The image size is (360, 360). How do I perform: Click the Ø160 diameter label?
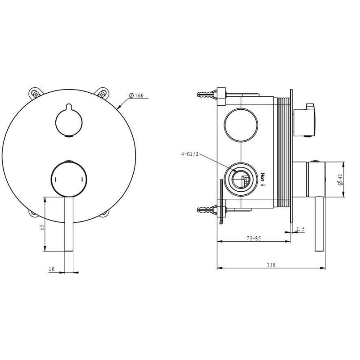tap(136, 95)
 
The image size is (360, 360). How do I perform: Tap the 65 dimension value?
tap(42, 227)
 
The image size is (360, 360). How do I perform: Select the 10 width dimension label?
tap(52, 269)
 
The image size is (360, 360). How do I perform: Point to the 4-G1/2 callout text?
tap(189, 154)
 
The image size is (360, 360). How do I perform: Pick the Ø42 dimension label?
tap(340, 180)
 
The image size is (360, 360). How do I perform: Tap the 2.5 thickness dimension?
tap(301, 229)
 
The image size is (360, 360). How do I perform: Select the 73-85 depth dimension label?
tap(254, 238)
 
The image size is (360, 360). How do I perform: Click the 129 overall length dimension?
tap(271, 265)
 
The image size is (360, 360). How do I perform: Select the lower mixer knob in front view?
tap(69, 179)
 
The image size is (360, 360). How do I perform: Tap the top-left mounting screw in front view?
tap(36, 94)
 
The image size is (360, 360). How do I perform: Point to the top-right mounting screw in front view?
tap(101, 93)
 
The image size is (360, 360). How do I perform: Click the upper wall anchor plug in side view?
tap(207, 94)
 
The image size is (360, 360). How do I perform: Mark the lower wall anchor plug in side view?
tap(207, 209)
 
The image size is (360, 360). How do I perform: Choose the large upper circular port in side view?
tap(241, 125)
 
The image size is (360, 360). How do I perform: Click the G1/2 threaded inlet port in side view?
tap(241, 179)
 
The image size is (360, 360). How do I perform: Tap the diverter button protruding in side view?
tap(305, 121)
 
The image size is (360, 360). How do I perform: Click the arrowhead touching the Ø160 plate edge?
tap(119, 107)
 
